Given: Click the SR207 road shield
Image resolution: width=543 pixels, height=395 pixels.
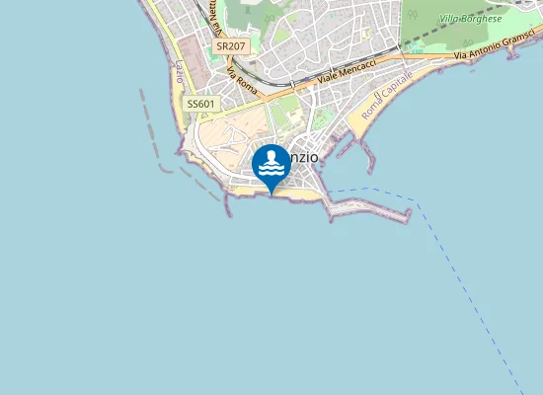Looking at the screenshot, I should (230, 45).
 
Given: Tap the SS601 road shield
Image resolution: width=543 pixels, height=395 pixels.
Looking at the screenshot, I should (199, 104).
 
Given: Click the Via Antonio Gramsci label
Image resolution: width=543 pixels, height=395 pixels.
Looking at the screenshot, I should (499, 56).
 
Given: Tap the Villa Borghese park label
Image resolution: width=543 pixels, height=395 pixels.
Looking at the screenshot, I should (471, 19).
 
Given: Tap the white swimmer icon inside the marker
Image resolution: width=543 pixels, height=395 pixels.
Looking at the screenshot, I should (271, 162).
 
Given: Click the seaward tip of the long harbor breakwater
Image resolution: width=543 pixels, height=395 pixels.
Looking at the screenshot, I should (407, 216).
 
